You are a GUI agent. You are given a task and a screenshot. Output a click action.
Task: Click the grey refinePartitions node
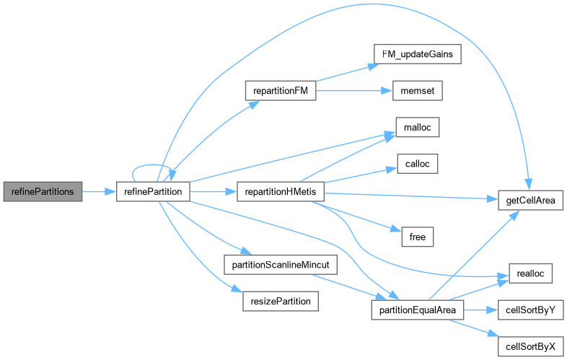pos(43,191)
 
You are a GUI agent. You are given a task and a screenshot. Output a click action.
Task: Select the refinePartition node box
pos(153,191)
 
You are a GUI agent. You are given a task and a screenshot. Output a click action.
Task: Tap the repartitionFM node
pos(281,92)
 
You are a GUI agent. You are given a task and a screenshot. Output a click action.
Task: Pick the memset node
pos(416,92)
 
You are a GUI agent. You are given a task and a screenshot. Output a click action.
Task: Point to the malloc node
pos(417,127)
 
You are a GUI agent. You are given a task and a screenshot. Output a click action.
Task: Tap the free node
pos(417,236)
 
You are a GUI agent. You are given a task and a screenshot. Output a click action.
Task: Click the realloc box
pos(530,272)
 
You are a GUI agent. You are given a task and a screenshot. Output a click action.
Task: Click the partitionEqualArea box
pos(416,309)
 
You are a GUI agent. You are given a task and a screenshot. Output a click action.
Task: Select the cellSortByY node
pos(530,309)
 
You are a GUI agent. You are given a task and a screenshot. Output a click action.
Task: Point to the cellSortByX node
pos(530,346)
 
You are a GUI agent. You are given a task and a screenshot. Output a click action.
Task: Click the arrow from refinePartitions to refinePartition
pos(100,191)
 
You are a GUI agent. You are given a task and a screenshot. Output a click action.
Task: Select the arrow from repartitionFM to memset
pos(354,92)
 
